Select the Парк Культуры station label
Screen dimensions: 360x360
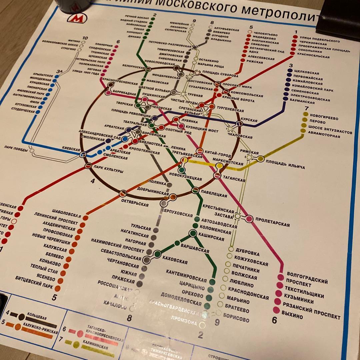[109, 169]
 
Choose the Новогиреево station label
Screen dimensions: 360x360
[324, 118]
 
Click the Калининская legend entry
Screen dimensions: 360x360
[99, 348]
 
